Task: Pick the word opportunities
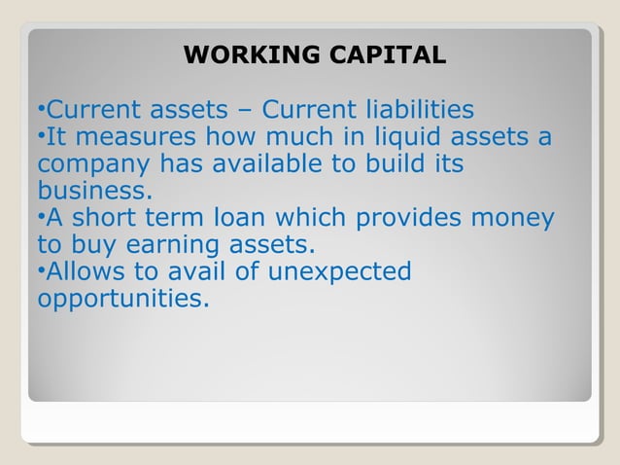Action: tap(122, 297)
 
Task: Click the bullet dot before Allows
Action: tap(42, 270)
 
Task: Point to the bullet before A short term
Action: tap(42, 217)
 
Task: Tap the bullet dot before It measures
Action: tap(42, 136)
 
